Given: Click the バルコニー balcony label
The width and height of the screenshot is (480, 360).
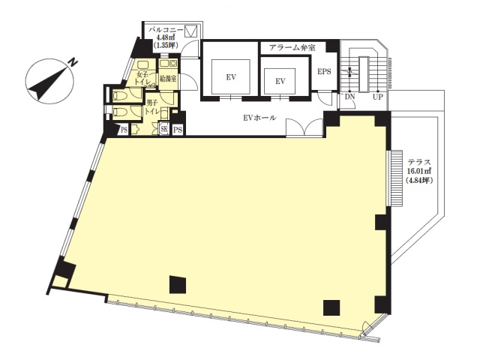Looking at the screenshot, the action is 166,30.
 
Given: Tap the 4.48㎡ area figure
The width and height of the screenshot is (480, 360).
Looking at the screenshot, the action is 166,37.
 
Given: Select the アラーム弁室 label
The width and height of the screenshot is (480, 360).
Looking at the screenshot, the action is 292,48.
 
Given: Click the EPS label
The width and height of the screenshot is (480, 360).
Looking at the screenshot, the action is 324,72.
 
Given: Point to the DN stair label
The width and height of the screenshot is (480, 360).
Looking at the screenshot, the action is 349,97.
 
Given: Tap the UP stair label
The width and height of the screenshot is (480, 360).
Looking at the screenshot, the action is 377,97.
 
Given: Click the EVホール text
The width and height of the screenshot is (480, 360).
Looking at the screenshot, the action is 259,118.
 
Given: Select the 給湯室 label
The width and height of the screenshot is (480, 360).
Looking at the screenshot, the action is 168,79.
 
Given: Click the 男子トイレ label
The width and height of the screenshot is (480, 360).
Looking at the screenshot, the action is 152,108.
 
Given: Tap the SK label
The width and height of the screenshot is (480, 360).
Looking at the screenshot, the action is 164,130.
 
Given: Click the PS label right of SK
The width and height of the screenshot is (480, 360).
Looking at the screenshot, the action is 178,130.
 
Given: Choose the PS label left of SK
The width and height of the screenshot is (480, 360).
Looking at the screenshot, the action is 124,130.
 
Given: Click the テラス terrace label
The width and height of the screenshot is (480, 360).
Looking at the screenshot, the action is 419,163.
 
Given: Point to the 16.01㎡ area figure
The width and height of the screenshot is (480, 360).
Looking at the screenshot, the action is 419,172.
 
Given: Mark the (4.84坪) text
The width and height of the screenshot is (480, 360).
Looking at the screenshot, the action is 419,181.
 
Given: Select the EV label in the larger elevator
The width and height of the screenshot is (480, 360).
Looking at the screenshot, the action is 231,77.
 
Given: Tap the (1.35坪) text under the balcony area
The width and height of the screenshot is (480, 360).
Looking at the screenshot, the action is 166,45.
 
